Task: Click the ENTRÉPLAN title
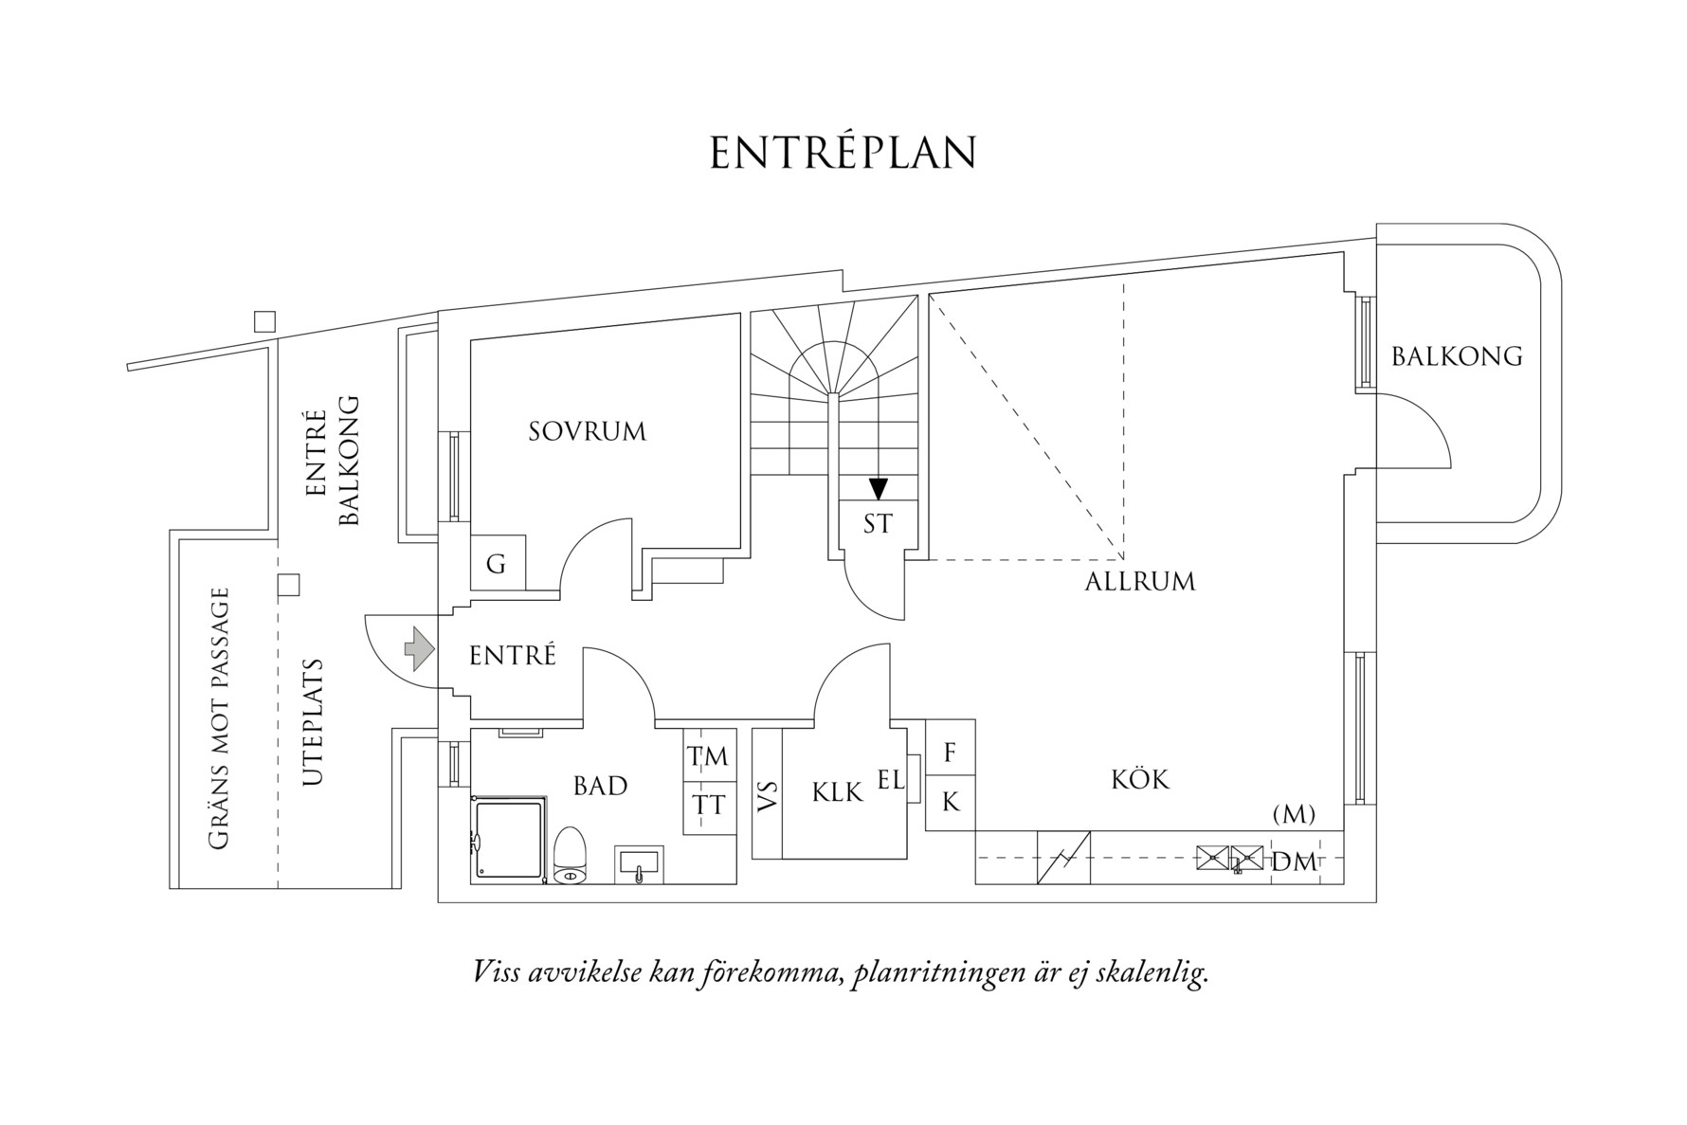tap(843, 154)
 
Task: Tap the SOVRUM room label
tap(587, 432)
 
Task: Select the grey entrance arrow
tap(419, 650)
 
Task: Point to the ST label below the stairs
tap(878, 524)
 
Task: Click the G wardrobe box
tap(495, 566)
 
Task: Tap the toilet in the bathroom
tap(571, 856)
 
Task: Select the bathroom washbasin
tap(639, 864)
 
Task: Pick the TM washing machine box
tap(709, 756)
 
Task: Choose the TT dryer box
tap(709, 807)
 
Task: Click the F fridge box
tap(950, 752)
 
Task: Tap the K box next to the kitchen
tap(950, 803)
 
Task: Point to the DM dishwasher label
tap(1294, 862)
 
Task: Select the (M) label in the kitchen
tap(1294, 813)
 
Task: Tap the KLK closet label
tap(837, 792)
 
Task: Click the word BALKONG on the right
tap(1457, 356)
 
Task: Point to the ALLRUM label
tap(1139, 582)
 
